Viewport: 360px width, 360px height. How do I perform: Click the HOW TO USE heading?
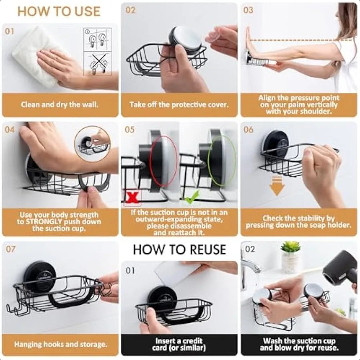(59, 12)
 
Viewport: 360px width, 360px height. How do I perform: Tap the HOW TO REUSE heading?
(180, 250)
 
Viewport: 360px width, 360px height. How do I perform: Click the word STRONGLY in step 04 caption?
(42, 222)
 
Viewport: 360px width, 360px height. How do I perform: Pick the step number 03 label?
(248, 10)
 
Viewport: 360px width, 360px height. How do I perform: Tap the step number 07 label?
(11, 249)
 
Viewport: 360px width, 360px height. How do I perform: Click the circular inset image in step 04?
(92, 143)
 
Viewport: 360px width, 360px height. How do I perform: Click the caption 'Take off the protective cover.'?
(179, 105)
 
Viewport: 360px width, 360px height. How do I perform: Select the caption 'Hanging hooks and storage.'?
(61, 344)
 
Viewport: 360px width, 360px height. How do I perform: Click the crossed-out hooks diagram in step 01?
(97, 64)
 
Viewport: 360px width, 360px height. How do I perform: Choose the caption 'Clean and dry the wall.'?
(60, 105)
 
